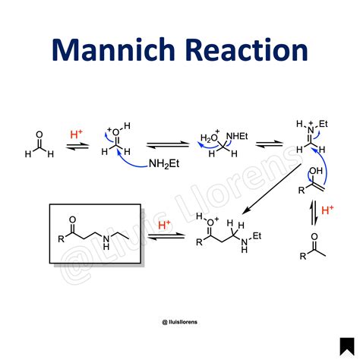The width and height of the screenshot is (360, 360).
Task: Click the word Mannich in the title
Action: [114, 49]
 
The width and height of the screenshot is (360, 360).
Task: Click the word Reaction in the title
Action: [248, 49]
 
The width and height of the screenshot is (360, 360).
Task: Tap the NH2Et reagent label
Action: [164, 164]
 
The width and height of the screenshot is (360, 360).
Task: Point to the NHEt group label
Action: [237, 137]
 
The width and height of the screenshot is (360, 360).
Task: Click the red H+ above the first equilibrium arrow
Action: [76, 134]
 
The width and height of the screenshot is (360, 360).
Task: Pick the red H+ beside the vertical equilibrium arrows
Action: [327, 210]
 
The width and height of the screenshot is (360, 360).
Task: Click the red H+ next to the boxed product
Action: [164, 225]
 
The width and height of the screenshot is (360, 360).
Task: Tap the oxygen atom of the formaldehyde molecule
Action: [39, 134]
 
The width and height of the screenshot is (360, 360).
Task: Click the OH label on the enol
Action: [316, 171]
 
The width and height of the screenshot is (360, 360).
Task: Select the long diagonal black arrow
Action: [271, 189]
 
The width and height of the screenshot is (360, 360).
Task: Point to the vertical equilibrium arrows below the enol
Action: [314, 213]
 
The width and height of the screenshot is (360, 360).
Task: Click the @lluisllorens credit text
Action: [180, 322]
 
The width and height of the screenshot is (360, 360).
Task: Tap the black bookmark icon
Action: [347, 346]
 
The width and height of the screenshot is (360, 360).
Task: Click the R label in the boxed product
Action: [62, 239]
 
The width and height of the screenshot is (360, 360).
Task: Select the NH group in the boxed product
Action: [106, 242]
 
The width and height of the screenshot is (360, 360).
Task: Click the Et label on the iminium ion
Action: [324, 124]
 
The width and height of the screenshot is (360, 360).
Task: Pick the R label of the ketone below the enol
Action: [303, 256]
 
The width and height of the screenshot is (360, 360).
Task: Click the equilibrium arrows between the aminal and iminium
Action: [269, 144]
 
